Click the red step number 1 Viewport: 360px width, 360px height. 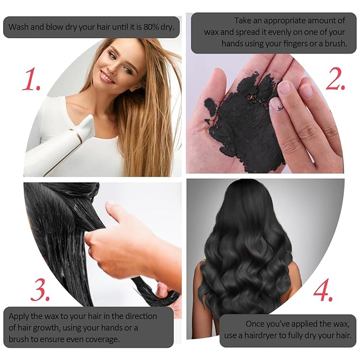31,79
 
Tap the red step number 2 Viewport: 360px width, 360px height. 336,79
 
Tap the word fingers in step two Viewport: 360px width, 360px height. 295,43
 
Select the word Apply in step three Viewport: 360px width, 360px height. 19,317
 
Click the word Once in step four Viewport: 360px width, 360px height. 256,324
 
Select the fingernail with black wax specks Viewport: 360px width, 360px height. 277,105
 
